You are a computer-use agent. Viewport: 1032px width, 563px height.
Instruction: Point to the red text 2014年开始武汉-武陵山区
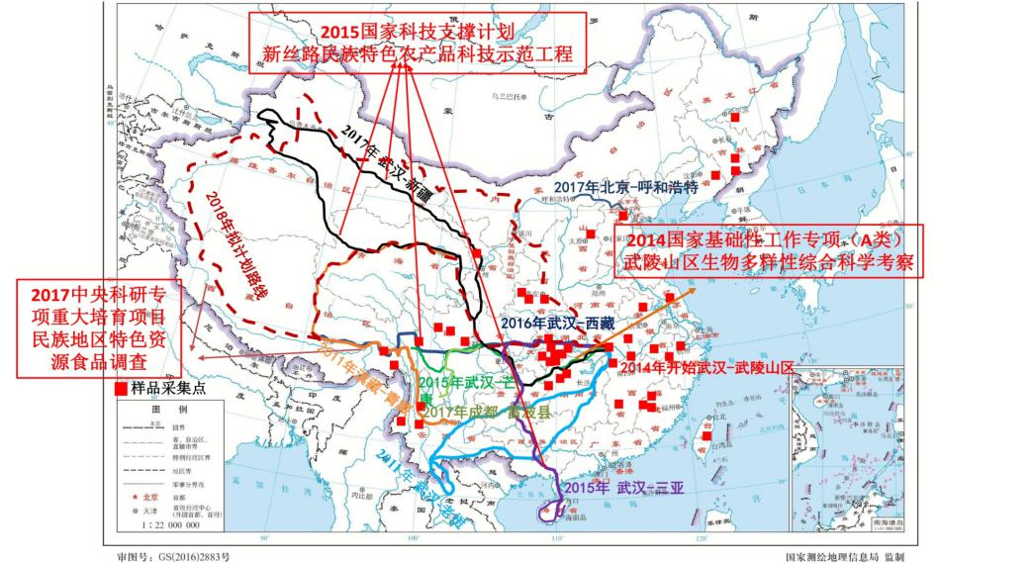pos(709,367)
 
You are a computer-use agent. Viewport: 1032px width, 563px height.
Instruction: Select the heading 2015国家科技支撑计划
pos(417,30)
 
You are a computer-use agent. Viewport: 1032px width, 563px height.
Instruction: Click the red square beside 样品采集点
pos(122,389)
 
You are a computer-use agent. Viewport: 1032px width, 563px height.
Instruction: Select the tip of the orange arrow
pos(694,290)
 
